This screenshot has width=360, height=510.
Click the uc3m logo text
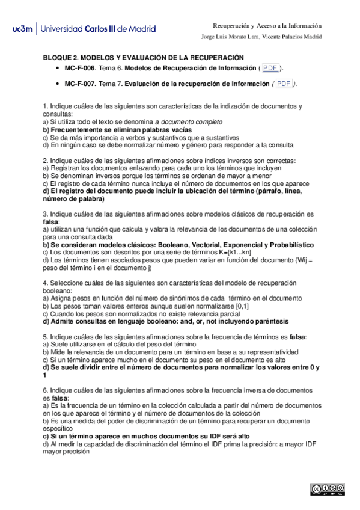(x=23, y=28)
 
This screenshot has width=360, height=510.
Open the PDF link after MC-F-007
(x=284, y=84)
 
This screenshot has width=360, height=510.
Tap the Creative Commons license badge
(x=328, y=488)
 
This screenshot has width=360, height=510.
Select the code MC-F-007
(x=79, y=84)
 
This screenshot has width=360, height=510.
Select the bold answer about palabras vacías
(x=118, y=129)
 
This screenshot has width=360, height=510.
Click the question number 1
(x=46, y=106)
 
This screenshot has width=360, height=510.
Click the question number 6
(x=46, y=390)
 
